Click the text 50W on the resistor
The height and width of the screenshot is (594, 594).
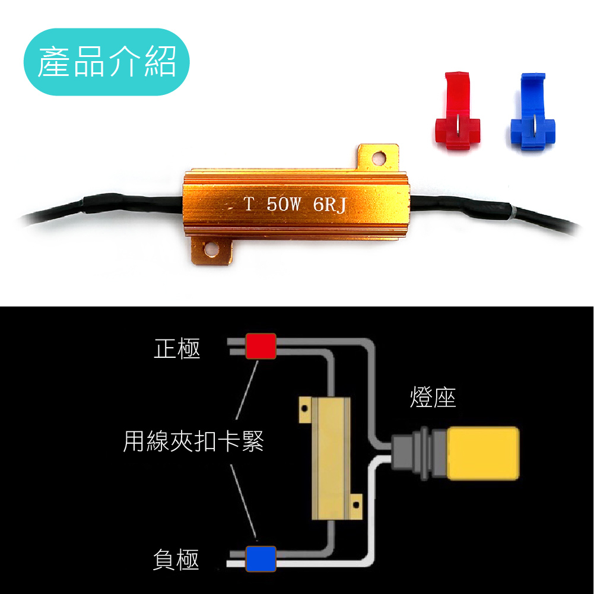(x=284, y=205)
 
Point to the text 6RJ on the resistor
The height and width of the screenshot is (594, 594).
(x=329, y=205)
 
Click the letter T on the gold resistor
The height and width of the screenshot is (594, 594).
(x=249, y=205)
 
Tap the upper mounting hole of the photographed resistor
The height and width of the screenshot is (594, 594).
(x=378, y=158)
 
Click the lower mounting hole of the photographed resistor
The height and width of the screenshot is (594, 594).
(x=211, y=250)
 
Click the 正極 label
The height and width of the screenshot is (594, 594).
(x=177, y=349)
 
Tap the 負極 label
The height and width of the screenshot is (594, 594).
(x=176, y=560)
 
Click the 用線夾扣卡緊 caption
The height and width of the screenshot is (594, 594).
(x=193, y=441)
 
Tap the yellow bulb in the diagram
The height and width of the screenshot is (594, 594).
(x=484, y=453)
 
